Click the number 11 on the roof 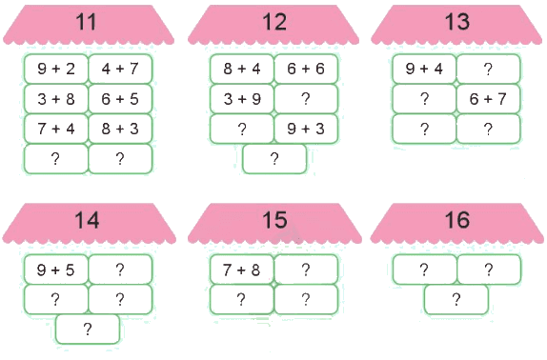[86, 22]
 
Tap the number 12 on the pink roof [274, 22]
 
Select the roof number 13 [457, 22]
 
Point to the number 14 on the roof [87, 220]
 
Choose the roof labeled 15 [274, 220]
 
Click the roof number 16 [457, 220]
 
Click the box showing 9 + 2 [56, 69]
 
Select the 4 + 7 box [120, 69]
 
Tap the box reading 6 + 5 [120, 99]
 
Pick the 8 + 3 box [120, 129]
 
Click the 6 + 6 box [306, 69]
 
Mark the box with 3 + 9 [242, 99]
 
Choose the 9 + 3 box [306, 129]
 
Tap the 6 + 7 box [488, 99]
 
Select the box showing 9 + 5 [56, 270]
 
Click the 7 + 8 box [242, 270]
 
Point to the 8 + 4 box [242, 69]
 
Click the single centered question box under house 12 [274, 159]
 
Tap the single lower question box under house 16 [456, 300]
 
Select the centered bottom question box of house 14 [88, 329]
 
